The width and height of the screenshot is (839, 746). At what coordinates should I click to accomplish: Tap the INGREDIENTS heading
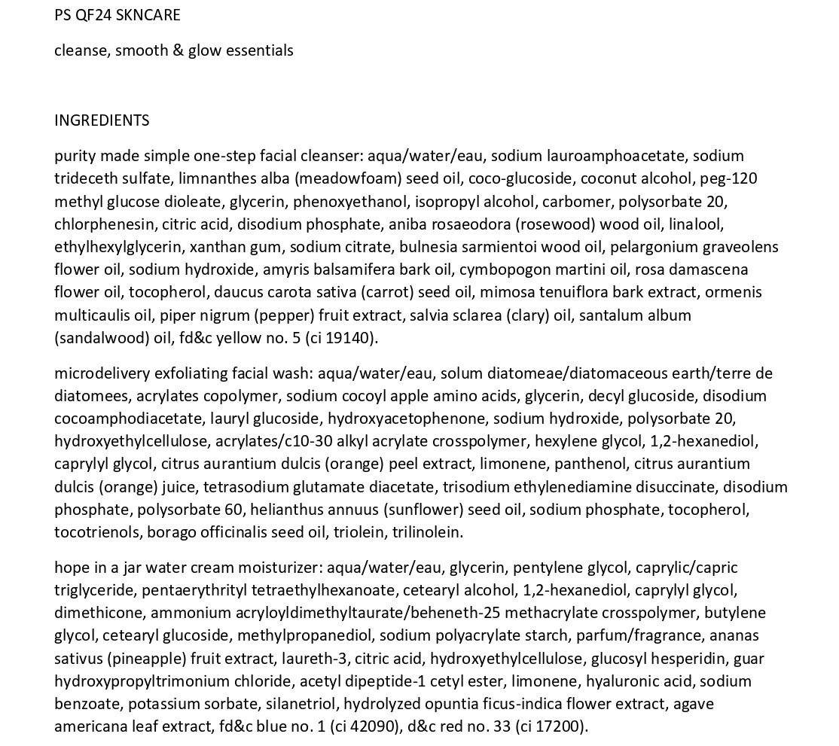pos(102,120)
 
